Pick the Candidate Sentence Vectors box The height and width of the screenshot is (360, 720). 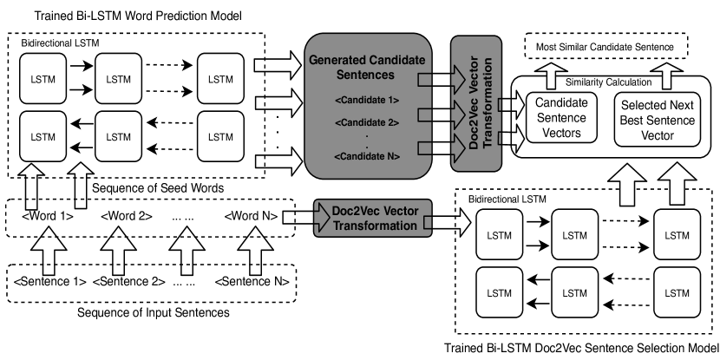pos(560,118)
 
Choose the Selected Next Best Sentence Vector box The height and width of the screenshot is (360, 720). pos(658,118)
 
